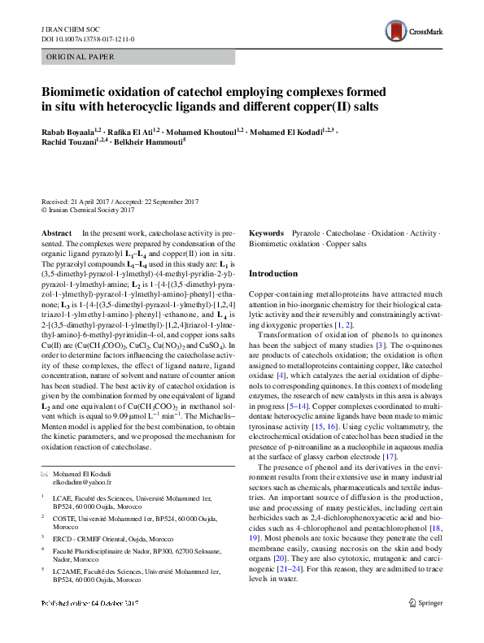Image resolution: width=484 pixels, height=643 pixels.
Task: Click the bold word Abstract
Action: click(56, 232)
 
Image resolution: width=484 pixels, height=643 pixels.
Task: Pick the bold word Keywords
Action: click(266, 232)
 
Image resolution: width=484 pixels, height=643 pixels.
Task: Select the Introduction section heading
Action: click(273, 274)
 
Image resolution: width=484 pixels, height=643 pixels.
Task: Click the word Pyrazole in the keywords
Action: click(306, 232)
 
